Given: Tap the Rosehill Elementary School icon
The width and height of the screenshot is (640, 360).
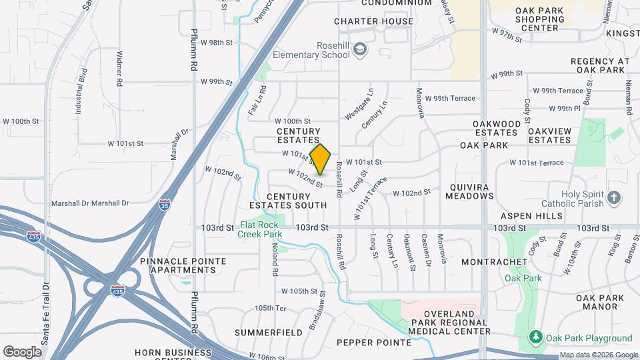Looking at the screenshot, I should (361, 49).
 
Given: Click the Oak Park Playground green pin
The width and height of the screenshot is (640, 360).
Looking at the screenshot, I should (535, 338).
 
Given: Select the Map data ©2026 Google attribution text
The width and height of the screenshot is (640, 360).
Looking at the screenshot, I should (598, 355).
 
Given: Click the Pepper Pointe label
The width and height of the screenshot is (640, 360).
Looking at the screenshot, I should (374, 343).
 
